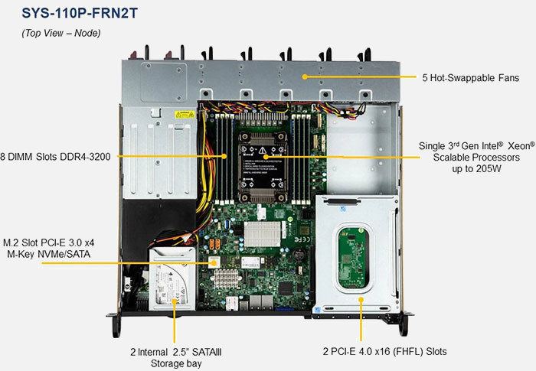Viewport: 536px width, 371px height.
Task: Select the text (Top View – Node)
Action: (60, 34)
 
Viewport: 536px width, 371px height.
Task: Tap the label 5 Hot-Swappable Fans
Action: (470, 78)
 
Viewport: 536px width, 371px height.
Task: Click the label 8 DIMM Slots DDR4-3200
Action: (56, 156)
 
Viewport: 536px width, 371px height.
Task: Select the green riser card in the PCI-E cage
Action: (351, 257)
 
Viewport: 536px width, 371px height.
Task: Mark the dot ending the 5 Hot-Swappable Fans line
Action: (306, 78)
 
